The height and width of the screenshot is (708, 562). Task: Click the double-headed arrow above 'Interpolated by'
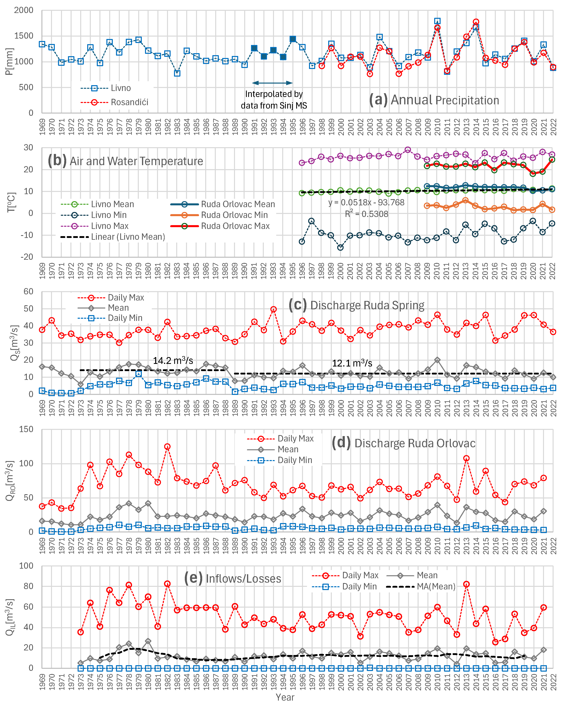[x=272, y=83]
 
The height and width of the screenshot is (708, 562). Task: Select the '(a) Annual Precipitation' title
[x=434, y=100]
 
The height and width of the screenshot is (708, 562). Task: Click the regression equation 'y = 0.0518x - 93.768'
[x=366, y=202]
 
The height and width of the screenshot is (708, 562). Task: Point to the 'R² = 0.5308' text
[x=366, y=214]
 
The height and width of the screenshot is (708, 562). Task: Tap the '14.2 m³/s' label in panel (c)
[x=173, y=360]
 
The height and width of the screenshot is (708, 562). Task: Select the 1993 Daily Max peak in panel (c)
[x=273, y=309]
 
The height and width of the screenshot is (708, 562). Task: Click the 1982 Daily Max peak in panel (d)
[x=167, y=447]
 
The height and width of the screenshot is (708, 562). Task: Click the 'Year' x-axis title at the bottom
[x=285, y=697]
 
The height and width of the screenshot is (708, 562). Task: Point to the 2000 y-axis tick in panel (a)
[x=24, y=10]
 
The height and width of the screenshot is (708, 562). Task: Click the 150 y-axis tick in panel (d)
[x=26, y=429]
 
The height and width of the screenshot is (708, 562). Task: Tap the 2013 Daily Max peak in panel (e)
[x=466, y=584]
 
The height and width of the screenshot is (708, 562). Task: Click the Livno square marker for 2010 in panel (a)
[x=437, y=21]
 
